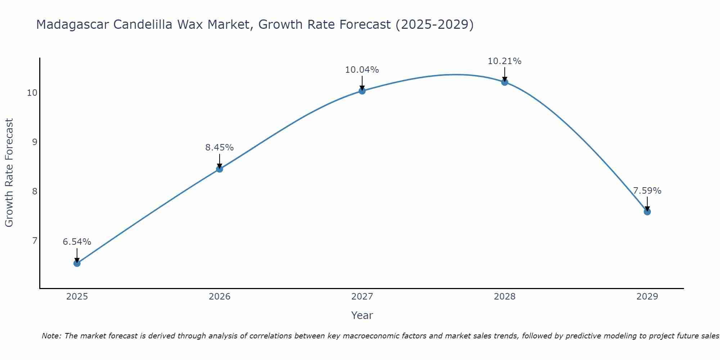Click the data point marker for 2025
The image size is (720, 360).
pyautogui.click(x=77, y=263)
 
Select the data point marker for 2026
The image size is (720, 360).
pyautogui.click(x=220, y=169)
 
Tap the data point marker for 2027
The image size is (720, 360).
pyautogui.click(x=362, y=91)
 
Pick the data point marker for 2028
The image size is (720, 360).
pyautogui.click(x=505, y=82)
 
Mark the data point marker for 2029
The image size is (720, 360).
pyautogui.click(x=647, y=212)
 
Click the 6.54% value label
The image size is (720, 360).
pyautogui.click(x=77, y=242)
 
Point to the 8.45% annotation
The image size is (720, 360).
pyautogui.click(x=220, y=148)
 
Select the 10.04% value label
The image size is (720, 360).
pyautogui.click(x=362, y=70)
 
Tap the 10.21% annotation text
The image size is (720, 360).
pyautogui.click(x=505, y=61)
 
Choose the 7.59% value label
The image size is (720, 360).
pyautogui.click(x=647, y=191)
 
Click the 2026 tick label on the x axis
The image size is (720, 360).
pyautogui.click(x=220, y=297)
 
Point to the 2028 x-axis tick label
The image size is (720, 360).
pyautogui.click(x=505, y=297)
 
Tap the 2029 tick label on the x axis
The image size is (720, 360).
pyautogui.click(x=647, y=297)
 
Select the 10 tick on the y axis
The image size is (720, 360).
pyautogui.click(x=32, y=93)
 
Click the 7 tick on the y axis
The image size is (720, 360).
pyautogui.click(x=35, y=240)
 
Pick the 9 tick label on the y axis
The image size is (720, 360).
pyautogui.click(x=35, y=142)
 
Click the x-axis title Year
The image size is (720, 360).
pyautogui.click(x=362, y=315)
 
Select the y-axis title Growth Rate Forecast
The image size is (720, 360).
pyautogui.click(x=9, y=172)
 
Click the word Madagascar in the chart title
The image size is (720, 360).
pyautogui.click(x=72, y=24)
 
